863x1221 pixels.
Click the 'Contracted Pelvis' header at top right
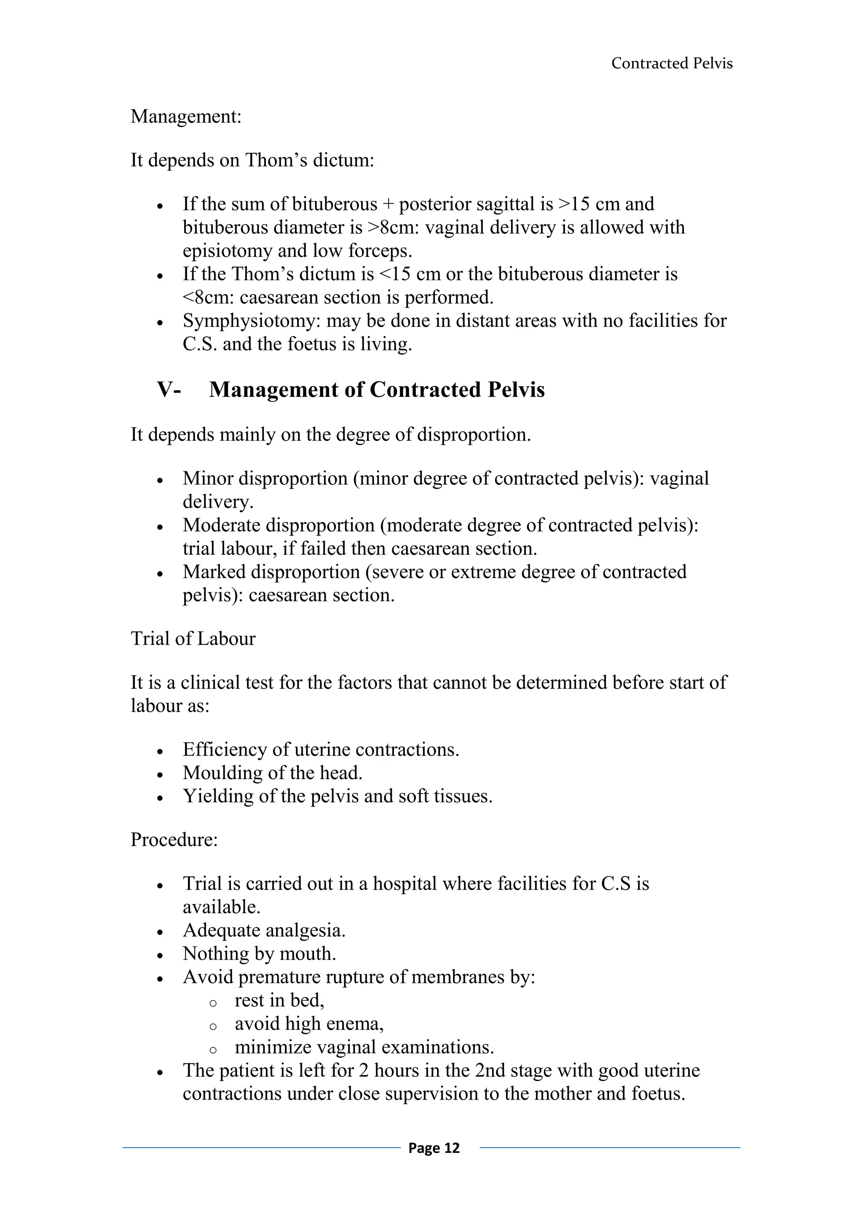pyautogui.click(x=672, y=63)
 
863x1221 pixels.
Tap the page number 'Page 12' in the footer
pyautogui.click(x=434, y=1148)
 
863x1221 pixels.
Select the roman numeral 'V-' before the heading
pyautogui.click(x=169, y=390)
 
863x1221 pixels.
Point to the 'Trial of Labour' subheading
pyautogui.click(x=193, y=639)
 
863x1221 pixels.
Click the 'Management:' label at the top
pyautogui.click(x=186, y=116)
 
